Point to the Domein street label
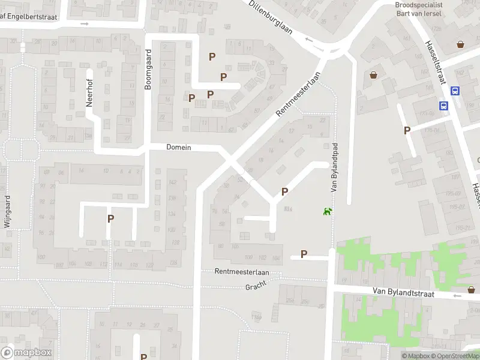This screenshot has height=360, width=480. point(178,147)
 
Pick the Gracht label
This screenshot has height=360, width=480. point(256,287)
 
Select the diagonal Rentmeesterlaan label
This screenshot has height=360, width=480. point(298,94)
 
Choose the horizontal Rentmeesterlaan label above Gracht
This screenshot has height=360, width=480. point(242,272)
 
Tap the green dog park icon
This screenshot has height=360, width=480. point(328,211)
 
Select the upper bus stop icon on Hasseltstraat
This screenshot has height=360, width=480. point(455,91)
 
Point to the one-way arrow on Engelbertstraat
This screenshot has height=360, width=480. point(85,24)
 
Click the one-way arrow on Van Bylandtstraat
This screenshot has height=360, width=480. point(457,295)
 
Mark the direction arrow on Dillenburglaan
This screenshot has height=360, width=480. point(309,40)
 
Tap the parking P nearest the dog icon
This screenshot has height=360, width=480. point(285,191)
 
